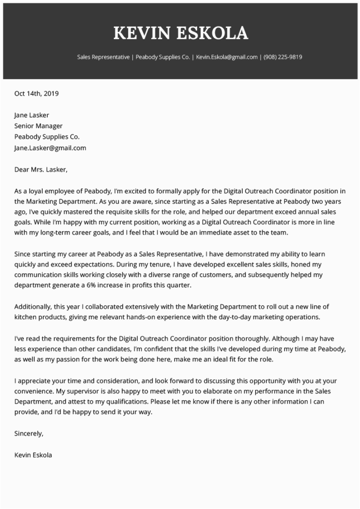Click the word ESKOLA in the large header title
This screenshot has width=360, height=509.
(x=214, y=33)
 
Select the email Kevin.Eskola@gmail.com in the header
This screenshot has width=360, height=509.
(x=227, y=57)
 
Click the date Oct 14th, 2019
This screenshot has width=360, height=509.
(x=36, y=93)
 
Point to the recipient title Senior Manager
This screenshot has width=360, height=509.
(x=38, y=126)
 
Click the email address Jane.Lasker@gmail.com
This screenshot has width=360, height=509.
(x=50, y=148)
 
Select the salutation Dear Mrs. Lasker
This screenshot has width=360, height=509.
(x=41, y=170)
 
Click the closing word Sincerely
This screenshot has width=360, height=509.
(x=29, y=433)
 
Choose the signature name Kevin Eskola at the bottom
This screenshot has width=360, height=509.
(x=33, y=455)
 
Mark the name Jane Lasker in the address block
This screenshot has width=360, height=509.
(x=32, y=115)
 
